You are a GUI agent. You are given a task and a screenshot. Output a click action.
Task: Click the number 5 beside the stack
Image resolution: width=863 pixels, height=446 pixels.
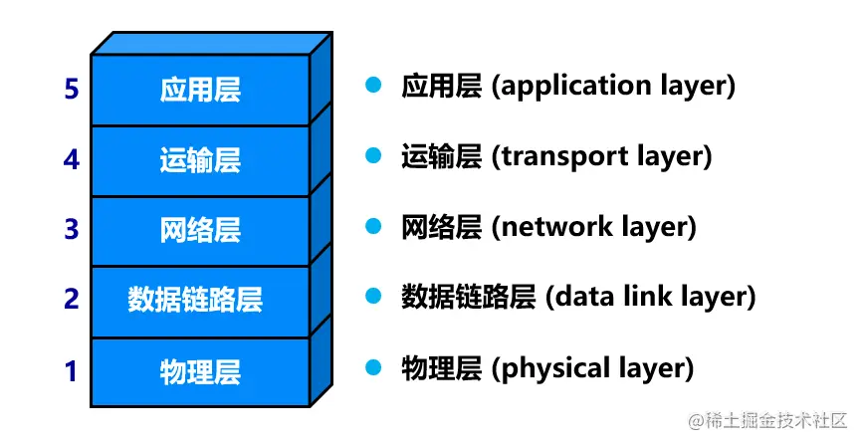tap(71, 90)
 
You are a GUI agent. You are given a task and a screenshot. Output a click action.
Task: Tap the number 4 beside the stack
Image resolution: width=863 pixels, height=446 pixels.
tap(71, 159)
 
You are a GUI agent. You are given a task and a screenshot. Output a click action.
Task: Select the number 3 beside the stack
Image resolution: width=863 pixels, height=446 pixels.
tap(71, 230)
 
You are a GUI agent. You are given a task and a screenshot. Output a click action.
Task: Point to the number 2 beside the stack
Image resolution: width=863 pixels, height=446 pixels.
tap(71, 299)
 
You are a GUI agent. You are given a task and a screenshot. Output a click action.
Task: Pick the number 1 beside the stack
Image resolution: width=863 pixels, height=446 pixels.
tap(71, 371)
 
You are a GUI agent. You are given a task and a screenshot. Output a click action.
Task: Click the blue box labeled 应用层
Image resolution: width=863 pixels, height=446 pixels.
tap(200, 90)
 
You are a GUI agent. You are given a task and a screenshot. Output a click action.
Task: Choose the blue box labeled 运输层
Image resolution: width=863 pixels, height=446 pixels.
tap(200, 160)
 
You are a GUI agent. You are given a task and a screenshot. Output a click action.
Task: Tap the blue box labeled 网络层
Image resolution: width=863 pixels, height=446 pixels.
tap(200, 230)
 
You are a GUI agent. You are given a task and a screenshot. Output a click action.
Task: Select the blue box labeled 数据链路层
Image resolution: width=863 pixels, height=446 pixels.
tap(200, 300)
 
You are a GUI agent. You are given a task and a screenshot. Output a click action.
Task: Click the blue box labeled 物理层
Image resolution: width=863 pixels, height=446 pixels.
tap(200, 371)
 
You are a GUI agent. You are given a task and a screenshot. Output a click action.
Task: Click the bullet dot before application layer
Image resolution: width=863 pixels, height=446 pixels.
tap(373, 85)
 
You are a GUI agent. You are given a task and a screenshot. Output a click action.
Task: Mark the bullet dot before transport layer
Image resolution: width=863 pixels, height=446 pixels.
tap(373, 155)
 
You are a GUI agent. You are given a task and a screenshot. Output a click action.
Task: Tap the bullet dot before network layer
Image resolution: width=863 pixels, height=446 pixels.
tap(373, 226)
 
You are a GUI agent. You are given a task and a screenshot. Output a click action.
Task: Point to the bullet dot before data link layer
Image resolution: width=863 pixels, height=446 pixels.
tap(373, 296)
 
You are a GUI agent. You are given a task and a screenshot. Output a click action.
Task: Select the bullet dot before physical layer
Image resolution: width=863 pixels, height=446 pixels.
tap(373, 367)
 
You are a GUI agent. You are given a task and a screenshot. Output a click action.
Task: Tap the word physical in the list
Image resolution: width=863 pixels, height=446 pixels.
tap(550, 368)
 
